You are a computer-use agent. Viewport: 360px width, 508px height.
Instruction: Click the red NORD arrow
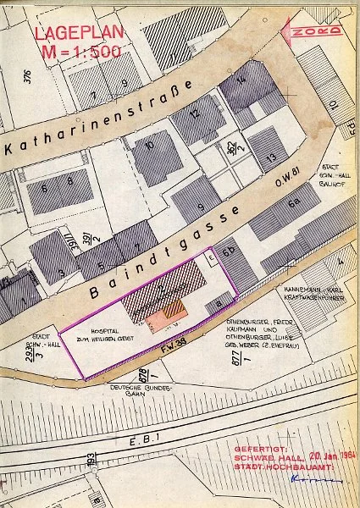click(314, 32)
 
